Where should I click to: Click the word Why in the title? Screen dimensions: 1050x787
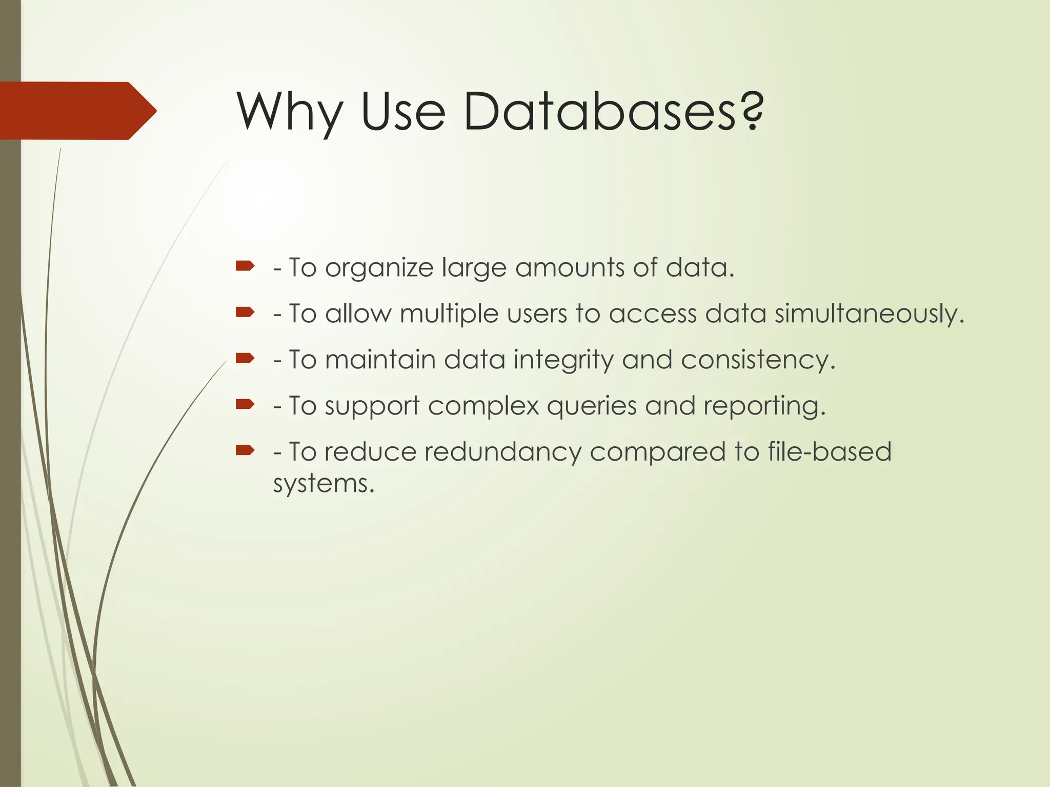(289, 112)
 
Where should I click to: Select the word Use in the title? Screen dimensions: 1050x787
(403, 112)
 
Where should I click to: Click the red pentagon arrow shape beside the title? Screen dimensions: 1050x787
(77, 111)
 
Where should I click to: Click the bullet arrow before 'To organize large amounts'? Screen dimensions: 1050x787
(245, 266)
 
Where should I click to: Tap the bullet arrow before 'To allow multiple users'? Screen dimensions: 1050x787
(245, 312)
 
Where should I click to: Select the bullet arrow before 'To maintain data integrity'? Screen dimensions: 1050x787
(245, 358)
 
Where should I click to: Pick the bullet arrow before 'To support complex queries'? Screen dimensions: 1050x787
(245, 404)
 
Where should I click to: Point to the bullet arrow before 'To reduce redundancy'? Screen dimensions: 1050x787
(245, 450)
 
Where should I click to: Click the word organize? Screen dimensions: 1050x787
(379, 268)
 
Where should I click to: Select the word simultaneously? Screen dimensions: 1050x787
(869, 314)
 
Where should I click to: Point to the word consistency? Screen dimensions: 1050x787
(758, 360)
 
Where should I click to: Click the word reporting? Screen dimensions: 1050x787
(764, 406)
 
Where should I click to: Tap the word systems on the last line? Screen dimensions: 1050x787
(323, 483)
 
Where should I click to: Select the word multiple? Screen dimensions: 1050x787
(449, 314)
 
